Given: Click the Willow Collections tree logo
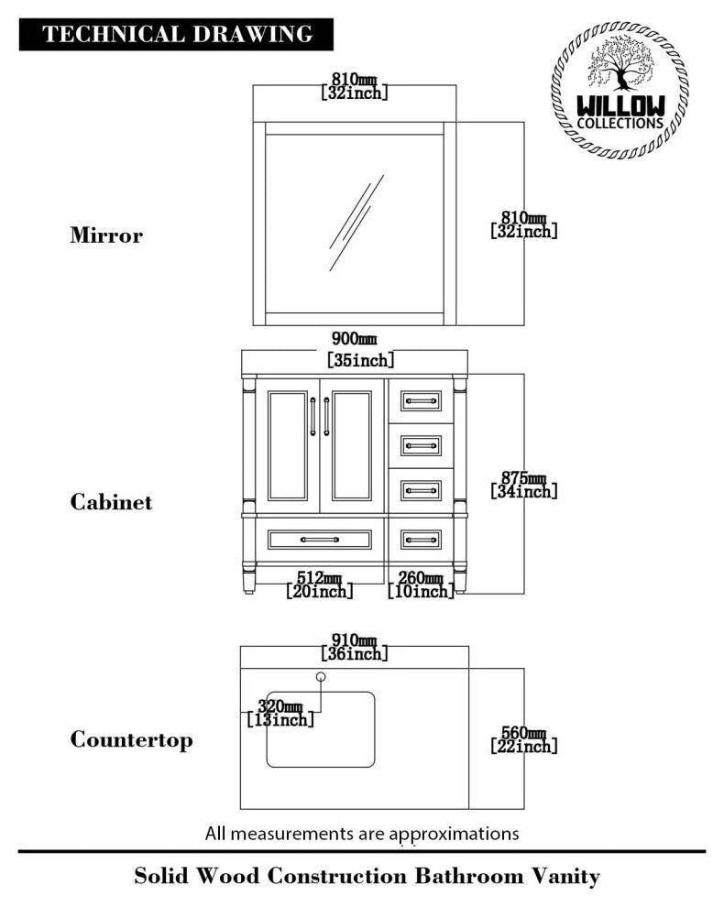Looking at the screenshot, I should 620,90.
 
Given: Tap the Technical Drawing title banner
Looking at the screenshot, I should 177,35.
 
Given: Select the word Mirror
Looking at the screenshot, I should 106,235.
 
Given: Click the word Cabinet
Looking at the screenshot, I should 111,502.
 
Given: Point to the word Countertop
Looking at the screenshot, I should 132,739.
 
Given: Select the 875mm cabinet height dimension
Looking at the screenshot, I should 523,485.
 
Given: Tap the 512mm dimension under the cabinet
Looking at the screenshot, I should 318,585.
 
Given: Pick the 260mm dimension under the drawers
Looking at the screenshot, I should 420,585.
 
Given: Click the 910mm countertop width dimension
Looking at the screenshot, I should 355,647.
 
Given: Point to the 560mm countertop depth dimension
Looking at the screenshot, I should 523,740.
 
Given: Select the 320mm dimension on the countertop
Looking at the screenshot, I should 280,713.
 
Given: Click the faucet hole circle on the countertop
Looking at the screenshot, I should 321,677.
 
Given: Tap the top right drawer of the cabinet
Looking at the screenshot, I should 422,400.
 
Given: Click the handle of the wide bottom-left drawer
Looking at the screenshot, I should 320,540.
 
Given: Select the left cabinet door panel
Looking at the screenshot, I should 288,445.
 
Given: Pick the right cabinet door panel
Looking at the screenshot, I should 352,445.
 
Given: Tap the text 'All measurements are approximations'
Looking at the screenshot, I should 362,834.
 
